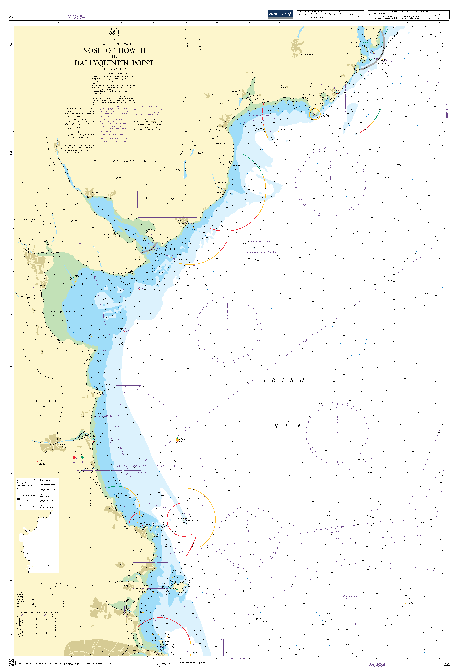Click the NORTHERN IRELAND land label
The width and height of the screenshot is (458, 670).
(134, 161)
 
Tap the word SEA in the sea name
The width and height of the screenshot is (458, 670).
(287, 426)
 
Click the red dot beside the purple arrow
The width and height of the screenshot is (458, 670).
(74, 457)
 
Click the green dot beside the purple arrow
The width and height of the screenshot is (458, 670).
(82, 457)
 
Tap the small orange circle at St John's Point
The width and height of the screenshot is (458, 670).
(315, 114)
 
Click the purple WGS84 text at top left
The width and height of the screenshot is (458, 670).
(76, 17)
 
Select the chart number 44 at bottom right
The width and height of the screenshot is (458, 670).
(446, 665)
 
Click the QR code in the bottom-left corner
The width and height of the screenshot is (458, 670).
(12, 663)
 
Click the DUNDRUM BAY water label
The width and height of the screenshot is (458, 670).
(261, 129)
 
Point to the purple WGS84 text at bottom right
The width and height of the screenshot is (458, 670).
(377, 665)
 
